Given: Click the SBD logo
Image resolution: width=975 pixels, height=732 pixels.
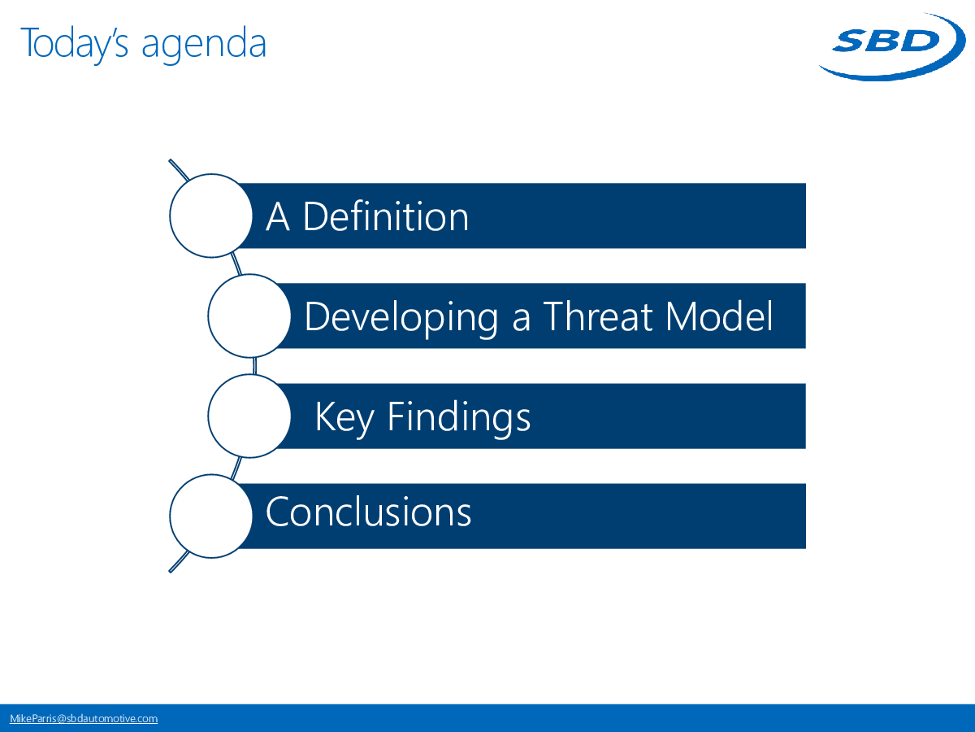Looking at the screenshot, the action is (x=892, y=46).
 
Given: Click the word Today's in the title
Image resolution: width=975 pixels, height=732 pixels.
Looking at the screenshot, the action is (x=75, y=44).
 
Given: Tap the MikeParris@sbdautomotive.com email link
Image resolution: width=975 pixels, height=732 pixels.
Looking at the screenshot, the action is (x=84, y=718).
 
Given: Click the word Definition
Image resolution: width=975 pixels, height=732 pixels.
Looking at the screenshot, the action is (x=386, y=216).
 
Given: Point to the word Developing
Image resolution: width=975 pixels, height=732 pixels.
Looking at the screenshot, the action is (x=401, y=318).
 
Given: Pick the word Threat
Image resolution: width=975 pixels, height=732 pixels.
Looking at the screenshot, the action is (x=598, y=316).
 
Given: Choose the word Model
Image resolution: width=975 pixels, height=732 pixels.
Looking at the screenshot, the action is (x=720, y=316).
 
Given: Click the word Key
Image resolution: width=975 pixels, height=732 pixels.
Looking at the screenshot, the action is (x=344, y=418).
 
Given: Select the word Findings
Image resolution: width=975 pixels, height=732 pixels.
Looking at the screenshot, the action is (x=459, y=418).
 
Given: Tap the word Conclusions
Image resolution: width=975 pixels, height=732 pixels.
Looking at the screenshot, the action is (x=368, y=512).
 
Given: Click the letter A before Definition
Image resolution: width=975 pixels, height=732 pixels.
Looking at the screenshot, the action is (x=278, y=216).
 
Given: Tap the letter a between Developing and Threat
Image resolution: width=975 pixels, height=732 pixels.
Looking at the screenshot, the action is (x=521, y=321).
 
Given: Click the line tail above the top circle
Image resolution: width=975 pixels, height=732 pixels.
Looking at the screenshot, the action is (x=179, y=170).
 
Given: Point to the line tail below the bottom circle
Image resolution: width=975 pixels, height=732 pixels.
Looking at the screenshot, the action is (x=179, y=562).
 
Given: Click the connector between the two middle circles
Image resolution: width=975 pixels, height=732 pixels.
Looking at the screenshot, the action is (x=254, y=366).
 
